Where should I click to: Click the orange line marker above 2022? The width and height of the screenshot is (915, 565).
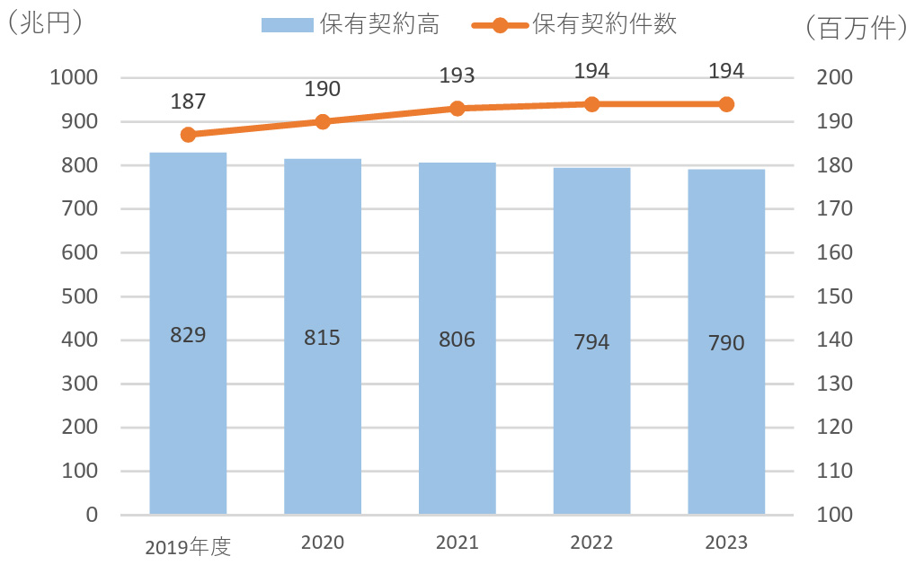tap(591, 104)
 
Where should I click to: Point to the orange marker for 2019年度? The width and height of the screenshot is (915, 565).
tap(188, 135)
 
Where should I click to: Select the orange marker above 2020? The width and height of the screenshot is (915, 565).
tap(323, 121)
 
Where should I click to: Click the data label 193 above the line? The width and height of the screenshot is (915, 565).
tap(457, 75)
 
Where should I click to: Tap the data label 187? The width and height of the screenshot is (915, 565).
tap(188, 102)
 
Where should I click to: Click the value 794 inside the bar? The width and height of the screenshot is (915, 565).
tap(591, 342)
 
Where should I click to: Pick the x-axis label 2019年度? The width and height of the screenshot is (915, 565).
tap(188, 546)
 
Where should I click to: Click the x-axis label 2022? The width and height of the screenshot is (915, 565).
tap(591, 543)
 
